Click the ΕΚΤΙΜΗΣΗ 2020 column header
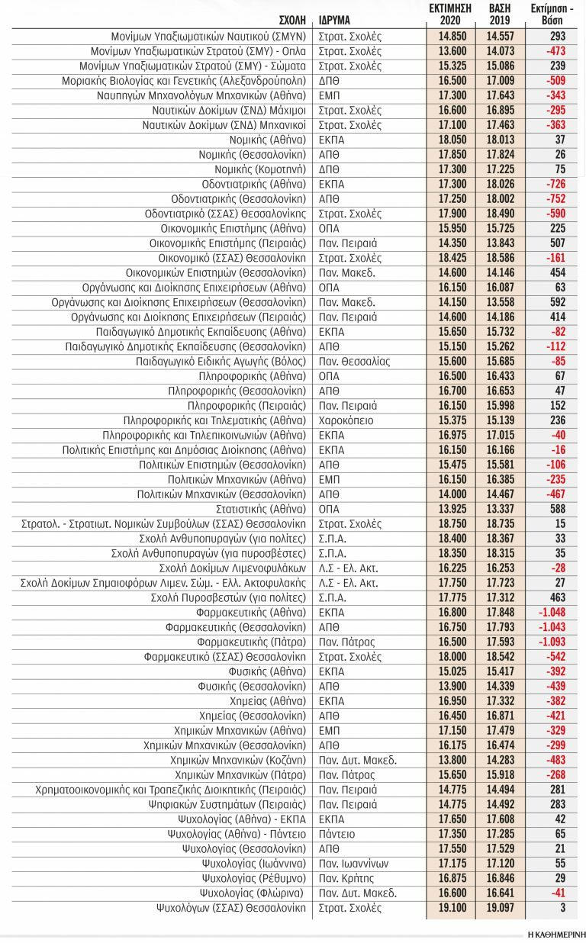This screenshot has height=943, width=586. [450, 14]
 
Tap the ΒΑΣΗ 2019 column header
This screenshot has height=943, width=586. [500, 14]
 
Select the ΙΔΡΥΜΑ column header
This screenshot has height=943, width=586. [335, 20]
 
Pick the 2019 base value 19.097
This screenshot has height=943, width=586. [501, 908]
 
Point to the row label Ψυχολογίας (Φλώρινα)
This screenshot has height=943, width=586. [253, 893]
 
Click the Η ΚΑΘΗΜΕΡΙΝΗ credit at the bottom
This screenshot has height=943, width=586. [553, 933]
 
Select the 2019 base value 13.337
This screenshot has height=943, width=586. [501, 509]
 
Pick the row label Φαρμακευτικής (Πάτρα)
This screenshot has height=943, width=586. [251, 642]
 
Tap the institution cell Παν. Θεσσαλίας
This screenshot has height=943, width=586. [354, 361]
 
